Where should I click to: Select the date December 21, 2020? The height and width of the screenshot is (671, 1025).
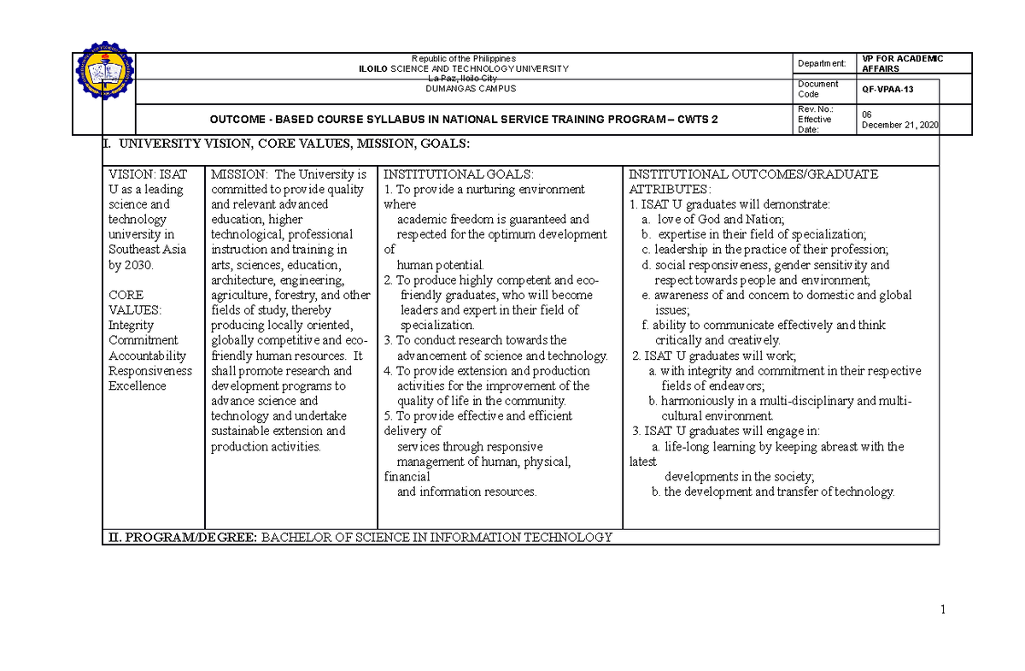point(899,125)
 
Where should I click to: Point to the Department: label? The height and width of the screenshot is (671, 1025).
point(822,63)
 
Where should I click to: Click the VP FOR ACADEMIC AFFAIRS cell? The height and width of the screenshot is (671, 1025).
point(902,63)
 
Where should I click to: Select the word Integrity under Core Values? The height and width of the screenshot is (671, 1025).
point(131,326)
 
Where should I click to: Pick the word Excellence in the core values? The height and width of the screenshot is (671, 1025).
point(137,386)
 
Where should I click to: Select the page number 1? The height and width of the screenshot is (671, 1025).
point(944,609)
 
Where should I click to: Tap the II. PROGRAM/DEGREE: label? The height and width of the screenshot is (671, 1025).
point(180,538)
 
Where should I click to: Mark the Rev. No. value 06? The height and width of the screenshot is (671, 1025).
point(867,114)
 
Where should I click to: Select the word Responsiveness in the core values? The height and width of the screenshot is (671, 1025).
point(149,371)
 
